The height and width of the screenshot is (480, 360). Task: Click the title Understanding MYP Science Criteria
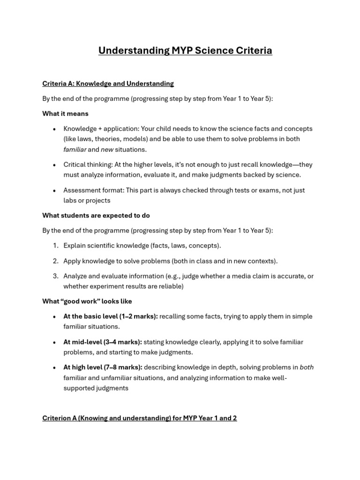pos(185,51)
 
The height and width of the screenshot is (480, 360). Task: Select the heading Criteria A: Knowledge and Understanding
pos(108,83)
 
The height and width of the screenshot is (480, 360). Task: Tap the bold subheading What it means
pos(65,113)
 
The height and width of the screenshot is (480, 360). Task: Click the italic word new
pos(107,150)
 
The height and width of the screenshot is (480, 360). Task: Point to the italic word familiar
pos(75,150)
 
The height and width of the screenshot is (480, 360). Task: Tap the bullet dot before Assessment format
pos(55,191)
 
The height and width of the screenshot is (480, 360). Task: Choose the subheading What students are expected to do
pos(96,215)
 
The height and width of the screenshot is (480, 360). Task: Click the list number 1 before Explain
pos(55,246)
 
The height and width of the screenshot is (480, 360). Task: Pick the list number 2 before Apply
pos(55,261)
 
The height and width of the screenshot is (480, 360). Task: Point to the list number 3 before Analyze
pos(55,276)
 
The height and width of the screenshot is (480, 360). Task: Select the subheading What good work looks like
pos(87,301)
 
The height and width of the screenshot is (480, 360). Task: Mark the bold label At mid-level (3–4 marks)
pos(103,342)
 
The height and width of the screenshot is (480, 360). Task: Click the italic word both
pos(307,367)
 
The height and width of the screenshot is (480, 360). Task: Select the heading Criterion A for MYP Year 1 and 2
pos(140,418)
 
